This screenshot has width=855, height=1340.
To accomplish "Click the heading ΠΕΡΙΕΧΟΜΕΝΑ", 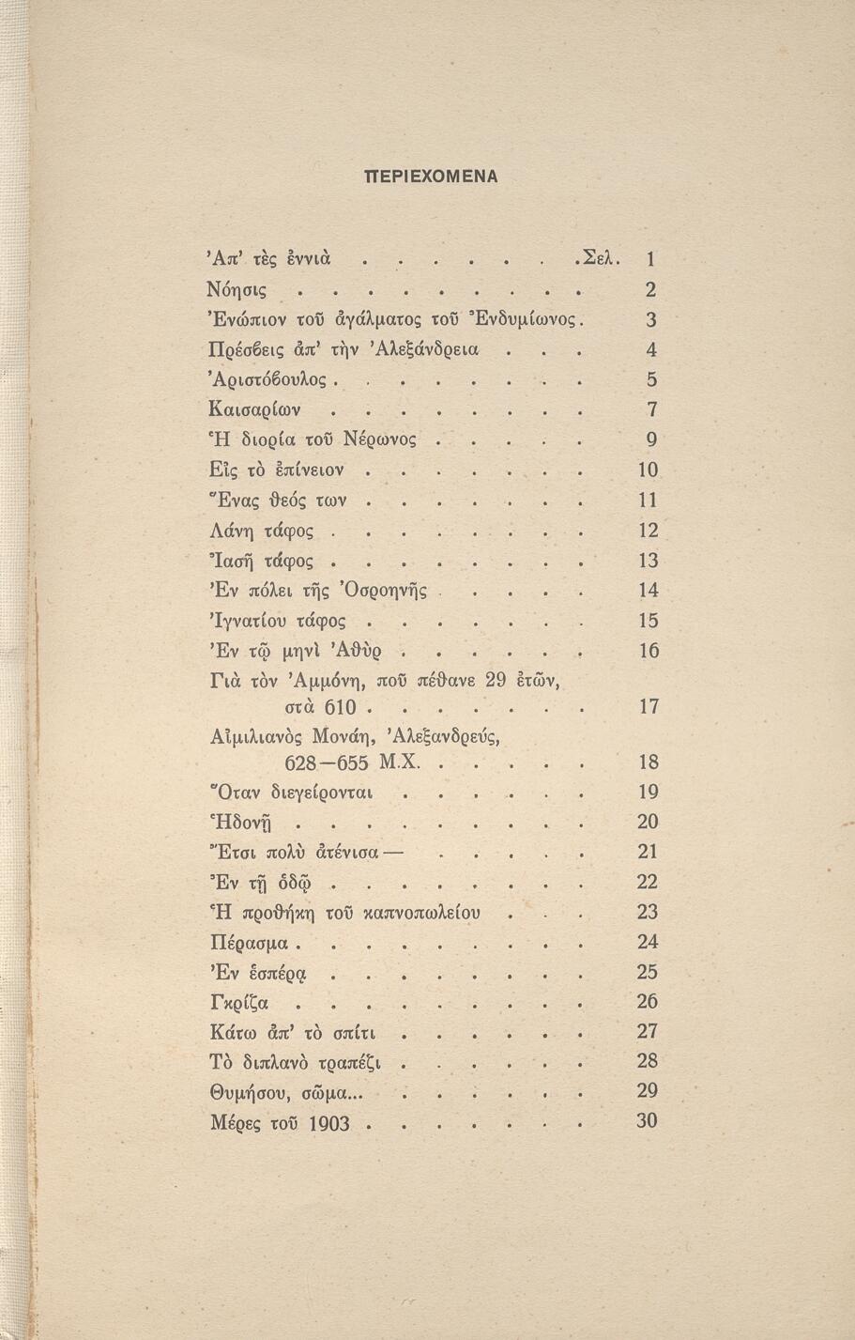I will pos(431,176).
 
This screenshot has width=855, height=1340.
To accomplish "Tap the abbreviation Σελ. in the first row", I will pos(602,258).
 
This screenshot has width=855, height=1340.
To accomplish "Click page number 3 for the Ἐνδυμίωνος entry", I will pos(651,319).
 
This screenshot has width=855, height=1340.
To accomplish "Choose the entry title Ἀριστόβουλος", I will pos(267,379).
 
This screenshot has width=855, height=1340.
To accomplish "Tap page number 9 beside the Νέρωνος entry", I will pos(651,439).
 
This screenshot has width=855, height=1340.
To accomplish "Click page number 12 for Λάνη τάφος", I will pos(648,530).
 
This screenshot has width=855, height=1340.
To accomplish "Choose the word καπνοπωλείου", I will pos(416,913).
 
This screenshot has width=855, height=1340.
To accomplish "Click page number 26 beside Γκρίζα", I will pos(648,1001).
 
